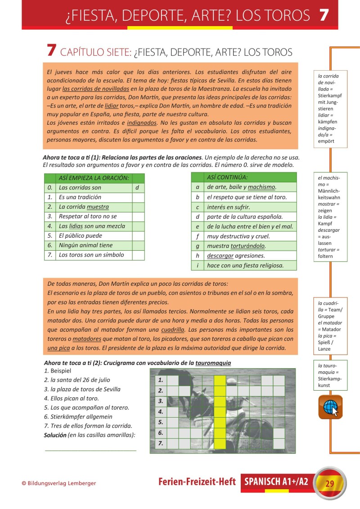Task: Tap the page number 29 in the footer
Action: (330, 484)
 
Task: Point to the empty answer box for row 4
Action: (138, 226)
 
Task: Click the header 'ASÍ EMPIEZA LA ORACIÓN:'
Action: (94, 178)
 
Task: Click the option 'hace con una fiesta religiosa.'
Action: (245, 266)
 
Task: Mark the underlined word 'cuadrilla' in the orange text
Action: (172, 329)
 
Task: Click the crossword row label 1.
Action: (161, 380)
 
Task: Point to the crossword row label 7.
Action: (161, 443)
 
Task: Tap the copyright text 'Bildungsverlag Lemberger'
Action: (62, 483)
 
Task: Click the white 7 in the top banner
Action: (324, 15)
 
